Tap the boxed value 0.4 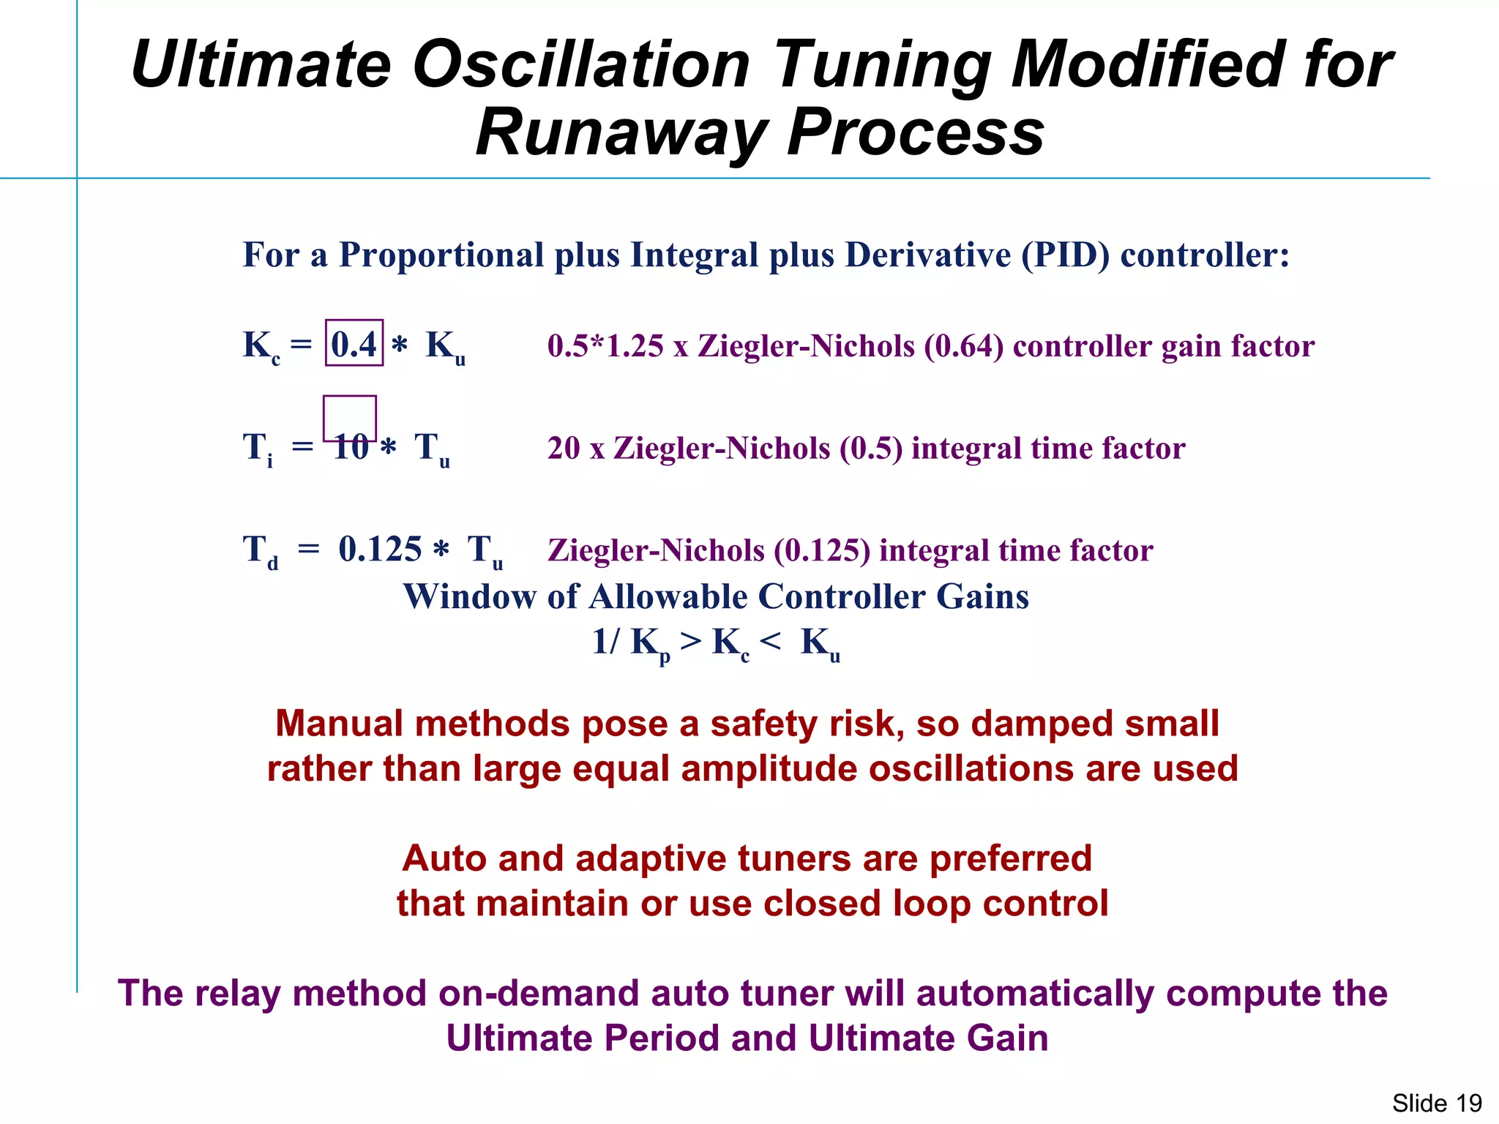coord(354,344)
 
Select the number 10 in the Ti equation coord(351,447)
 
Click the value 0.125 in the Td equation coord(380,549)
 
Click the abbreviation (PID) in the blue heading coord(1065,255)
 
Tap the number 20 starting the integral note coord(564,448)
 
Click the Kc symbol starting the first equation coord(260,345)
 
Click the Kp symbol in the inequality coord(649,643)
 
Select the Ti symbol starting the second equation coord(258,448)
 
